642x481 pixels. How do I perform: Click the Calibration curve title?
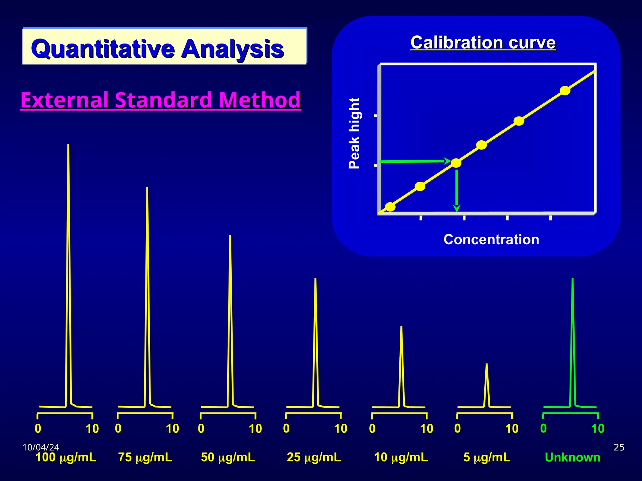tap(483, 43)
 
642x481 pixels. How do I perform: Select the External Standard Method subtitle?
tap(160, 100)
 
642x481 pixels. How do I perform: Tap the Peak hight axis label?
tap(355, 133)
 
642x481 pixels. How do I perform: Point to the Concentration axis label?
tap(491, 240)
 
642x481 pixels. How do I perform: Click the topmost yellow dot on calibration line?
tap(565, 91)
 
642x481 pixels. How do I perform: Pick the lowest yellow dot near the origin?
tap(390, 207)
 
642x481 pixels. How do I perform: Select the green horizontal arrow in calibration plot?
tap(414, 162)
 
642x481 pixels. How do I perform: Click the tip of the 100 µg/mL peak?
tap(68, 146)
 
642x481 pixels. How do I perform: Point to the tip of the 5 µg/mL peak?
tap(486, 365)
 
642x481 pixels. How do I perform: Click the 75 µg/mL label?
tap(145, 457)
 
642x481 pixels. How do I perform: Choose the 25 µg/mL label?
tap(313, 457)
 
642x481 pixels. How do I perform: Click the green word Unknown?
tap(572, 458)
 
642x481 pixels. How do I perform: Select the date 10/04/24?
tap(41, 447)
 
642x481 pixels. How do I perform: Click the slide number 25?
tap(619, 447)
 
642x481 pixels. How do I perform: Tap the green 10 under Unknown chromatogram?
tap(597, 428)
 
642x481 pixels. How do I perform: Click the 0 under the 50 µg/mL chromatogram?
tap(201, 428)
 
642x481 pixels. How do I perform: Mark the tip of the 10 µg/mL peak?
tap(401, 328)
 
